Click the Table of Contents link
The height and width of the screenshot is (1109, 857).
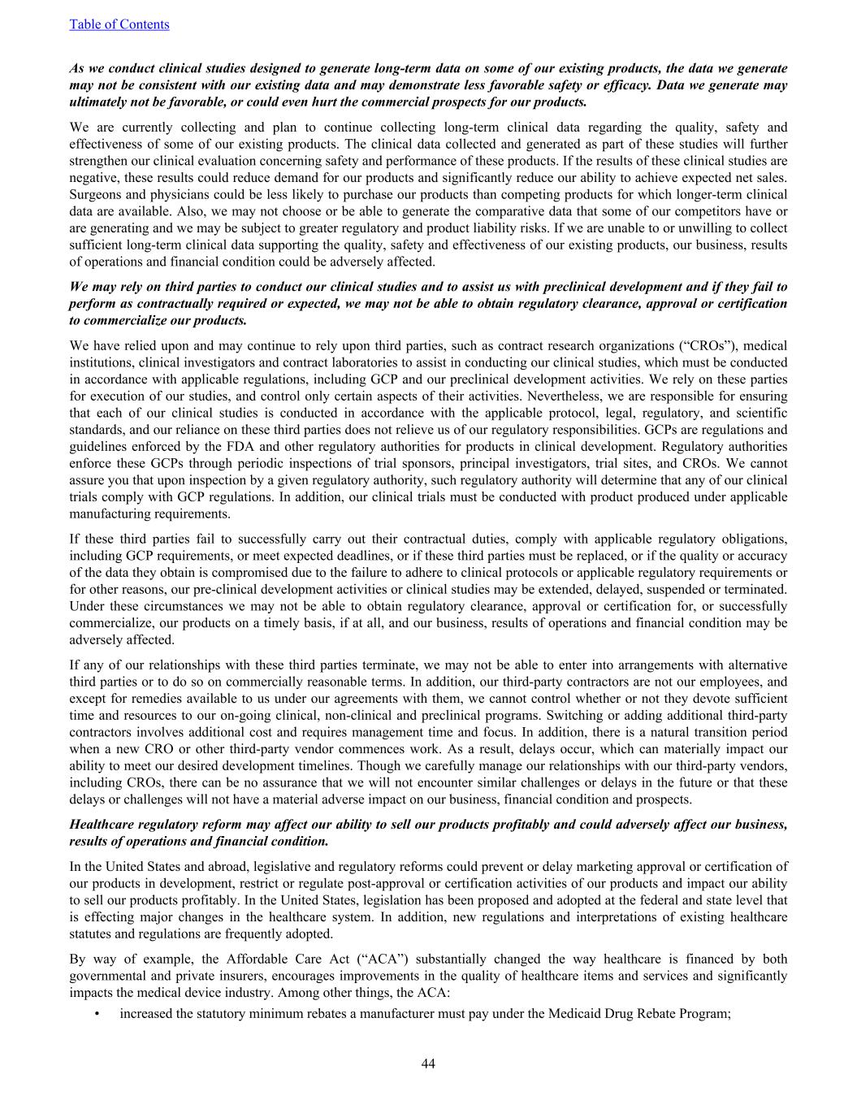point(119,24)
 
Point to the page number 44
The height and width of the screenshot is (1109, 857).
point(428,1064)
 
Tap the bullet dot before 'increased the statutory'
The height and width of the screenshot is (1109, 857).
point(97,1013)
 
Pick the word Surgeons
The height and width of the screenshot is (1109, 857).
point(96,194)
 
